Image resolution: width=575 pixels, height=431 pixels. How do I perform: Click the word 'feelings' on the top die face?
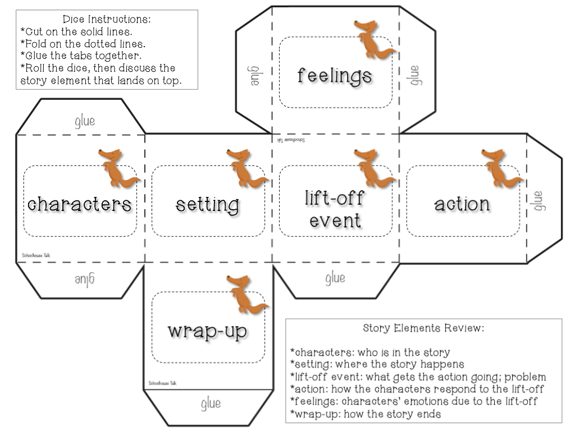coord(334,75)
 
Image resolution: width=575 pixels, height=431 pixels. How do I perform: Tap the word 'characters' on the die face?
coord(79,203)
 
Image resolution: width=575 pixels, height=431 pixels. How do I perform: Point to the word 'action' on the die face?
coord(462,204)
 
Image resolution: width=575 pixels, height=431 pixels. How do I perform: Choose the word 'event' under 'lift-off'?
coord(335,219)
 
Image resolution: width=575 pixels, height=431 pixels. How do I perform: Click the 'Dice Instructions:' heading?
coord(107,20)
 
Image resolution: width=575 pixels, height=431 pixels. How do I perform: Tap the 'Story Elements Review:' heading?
coord(423,327)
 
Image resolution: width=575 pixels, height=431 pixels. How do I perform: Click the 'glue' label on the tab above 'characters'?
coord(85,121)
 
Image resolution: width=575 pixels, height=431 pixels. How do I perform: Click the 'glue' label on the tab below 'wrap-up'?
coord(211,403)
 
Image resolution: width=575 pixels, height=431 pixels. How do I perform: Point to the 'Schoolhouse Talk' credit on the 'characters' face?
coord(36,255)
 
